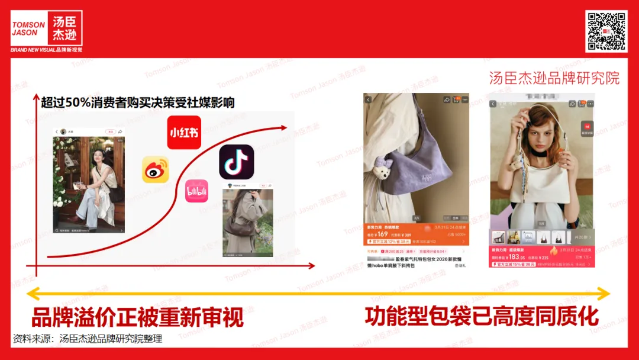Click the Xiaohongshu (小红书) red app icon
[x=184, y=133]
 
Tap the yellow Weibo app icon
[x=156, y=169]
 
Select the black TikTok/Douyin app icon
[x=237, y=162]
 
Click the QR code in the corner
[x=606, y=31]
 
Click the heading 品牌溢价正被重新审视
[x=137, y=317]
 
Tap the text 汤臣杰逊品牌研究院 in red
[x=554, y=78]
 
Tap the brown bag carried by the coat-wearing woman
[x=244, y=224]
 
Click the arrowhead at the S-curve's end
[x=285, y=127]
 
